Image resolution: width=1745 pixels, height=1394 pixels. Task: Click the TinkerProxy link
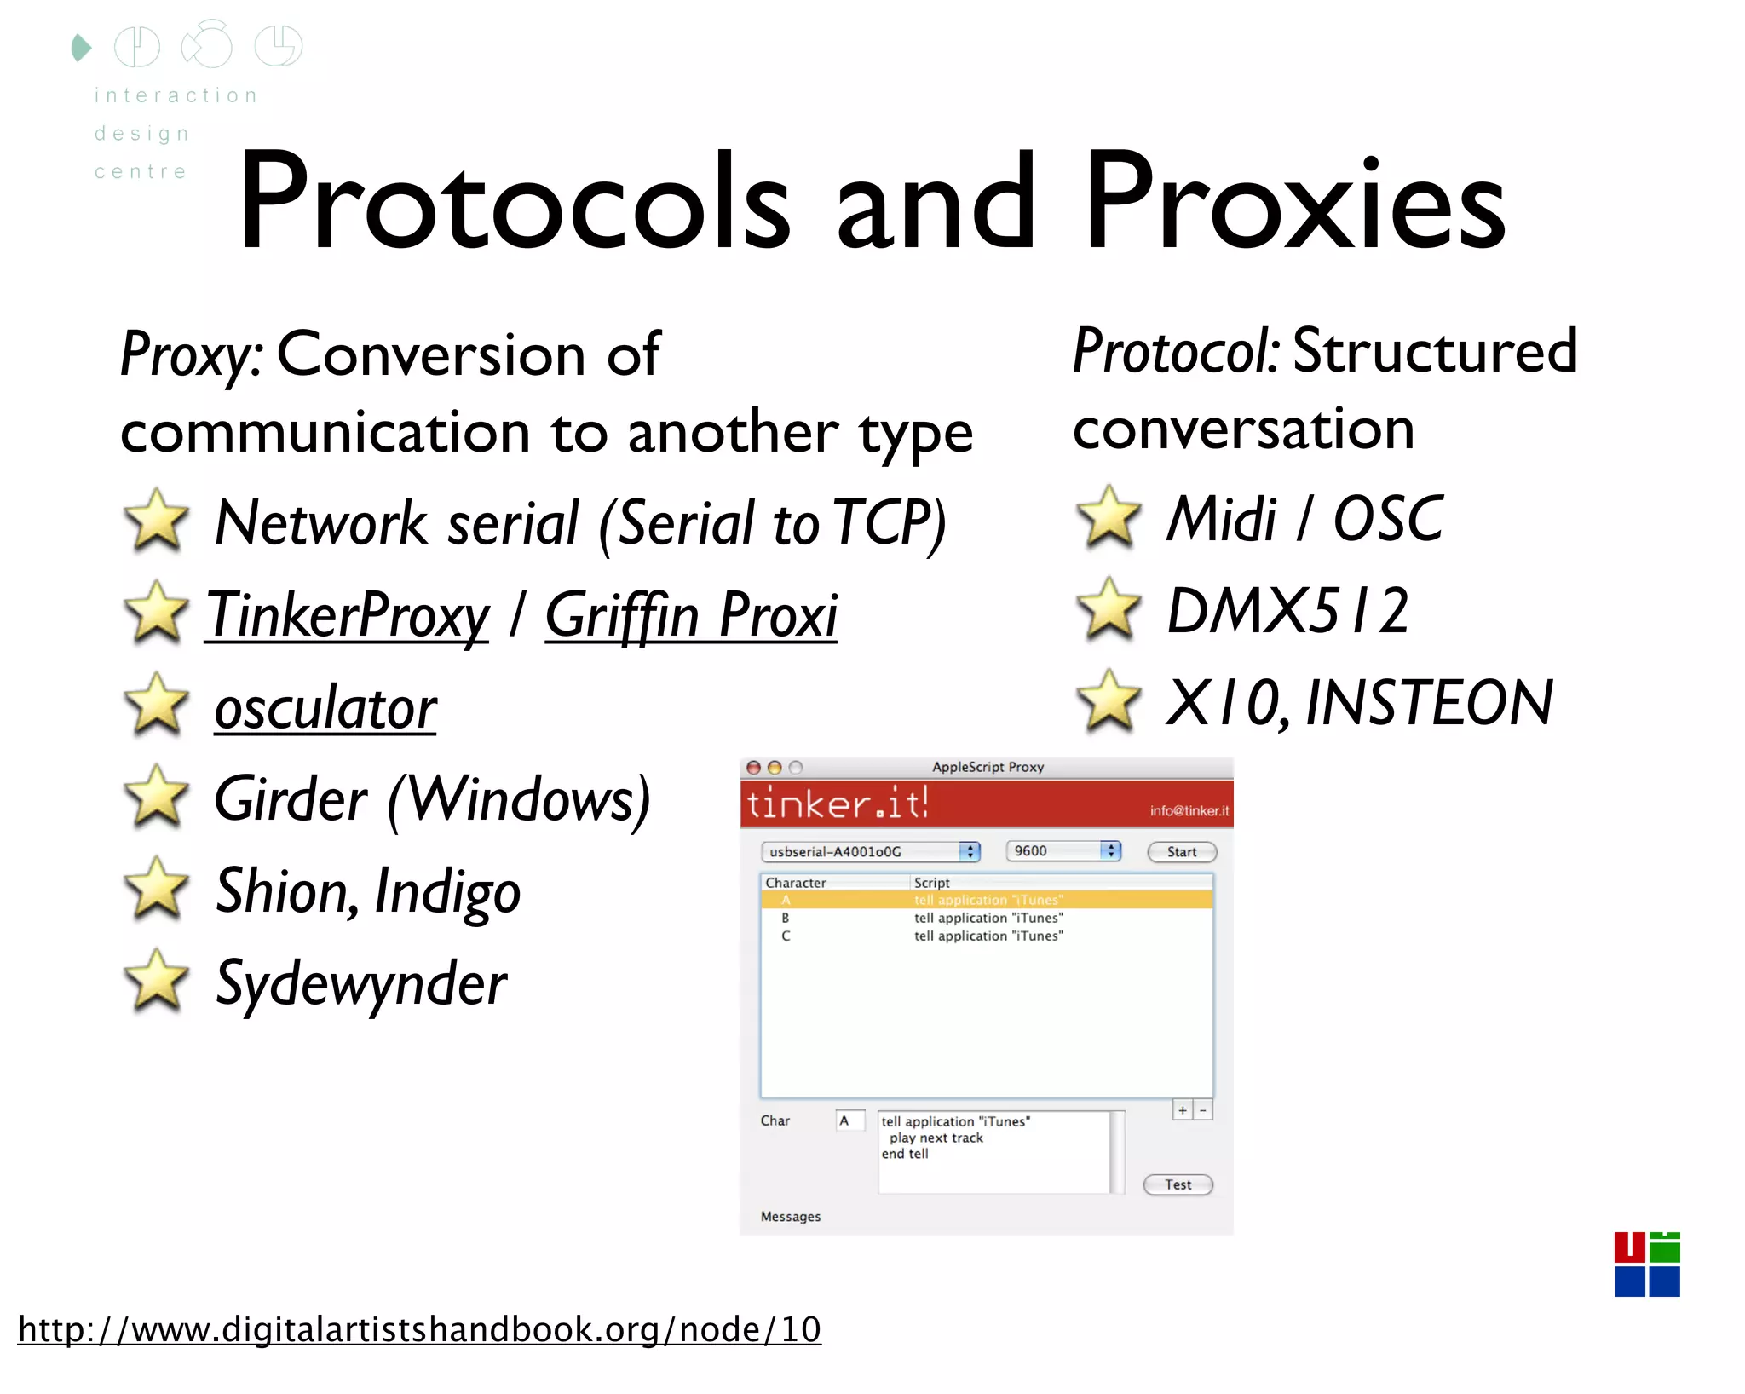tap(348, 615)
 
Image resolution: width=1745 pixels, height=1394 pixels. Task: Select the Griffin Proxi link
tap(691, 615)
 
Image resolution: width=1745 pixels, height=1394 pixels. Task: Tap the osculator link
tap(325, 708)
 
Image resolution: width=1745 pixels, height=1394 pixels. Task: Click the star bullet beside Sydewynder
tap(156, 982)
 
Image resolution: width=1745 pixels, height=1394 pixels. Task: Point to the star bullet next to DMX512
tap(1108, 609)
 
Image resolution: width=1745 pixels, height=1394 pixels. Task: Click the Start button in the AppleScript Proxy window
tap(1181, 851)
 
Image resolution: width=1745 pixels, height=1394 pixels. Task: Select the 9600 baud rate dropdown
tap(1063, 850)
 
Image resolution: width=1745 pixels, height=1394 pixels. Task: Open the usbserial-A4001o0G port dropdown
tap(869, 851)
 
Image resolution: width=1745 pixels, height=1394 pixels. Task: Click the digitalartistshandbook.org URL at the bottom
tap(419, 1329)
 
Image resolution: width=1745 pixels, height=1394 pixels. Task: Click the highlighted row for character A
tap(986, 900)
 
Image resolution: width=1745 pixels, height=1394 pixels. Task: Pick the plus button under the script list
tap(1182, 1110)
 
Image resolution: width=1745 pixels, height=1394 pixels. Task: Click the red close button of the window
tap(753, 767)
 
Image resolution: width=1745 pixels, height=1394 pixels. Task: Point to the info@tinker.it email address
tap(1189, 810)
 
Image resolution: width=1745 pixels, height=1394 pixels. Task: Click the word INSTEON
tap(1429, 703)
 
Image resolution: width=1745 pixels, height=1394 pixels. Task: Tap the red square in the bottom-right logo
tap(1629, 1247)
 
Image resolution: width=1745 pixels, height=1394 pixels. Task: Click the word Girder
tap(291, 800)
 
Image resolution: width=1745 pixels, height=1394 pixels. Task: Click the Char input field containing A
tap(849, 1120)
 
